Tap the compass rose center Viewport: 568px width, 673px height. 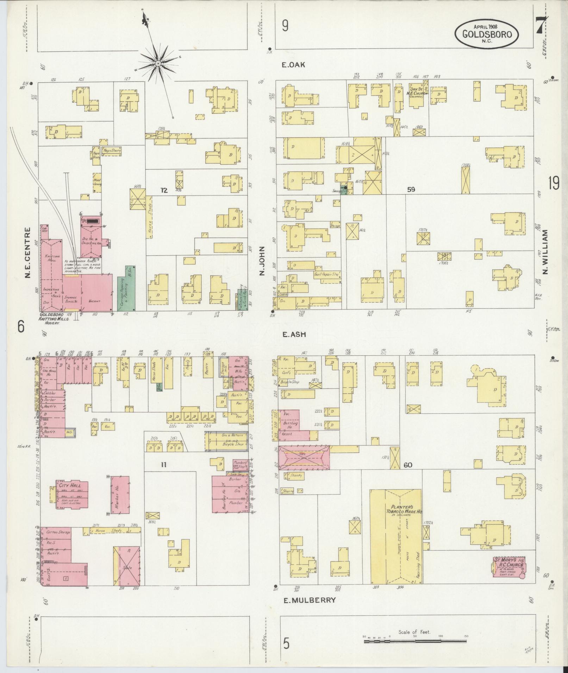(158, 63)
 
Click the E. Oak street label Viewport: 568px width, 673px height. (293, 65)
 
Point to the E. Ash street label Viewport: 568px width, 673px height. (294, 335)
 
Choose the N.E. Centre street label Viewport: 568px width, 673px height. (28, 252)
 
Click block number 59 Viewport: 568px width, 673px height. (411, 190)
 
